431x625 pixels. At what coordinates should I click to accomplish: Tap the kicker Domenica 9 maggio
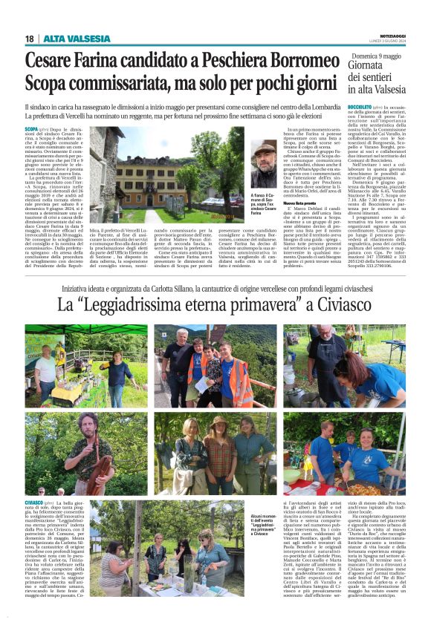376,56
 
